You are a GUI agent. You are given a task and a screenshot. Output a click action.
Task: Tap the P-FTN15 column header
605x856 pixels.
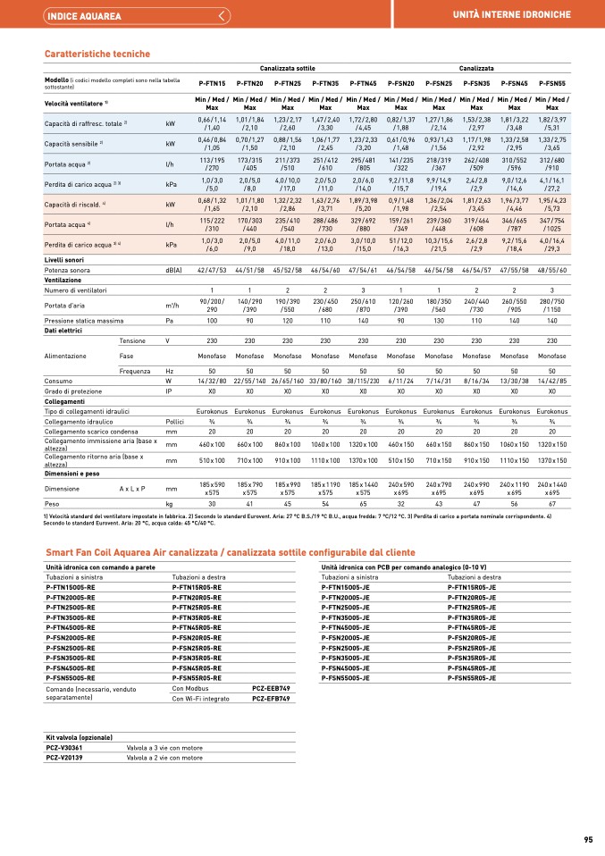(212, 82)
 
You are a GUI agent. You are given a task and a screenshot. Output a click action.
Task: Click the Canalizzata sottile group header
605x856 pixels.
(287, 68)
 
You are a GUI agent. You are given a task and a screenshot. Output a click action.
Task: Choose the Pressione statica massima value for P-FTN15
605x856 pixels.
(212, 319)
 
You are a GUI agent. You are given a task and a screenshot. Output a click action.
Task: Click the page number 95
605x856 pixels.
(588, 839)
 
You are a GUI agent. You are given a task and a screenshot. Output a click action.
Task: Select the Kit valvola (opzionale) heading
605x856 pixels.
(80, 737)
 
